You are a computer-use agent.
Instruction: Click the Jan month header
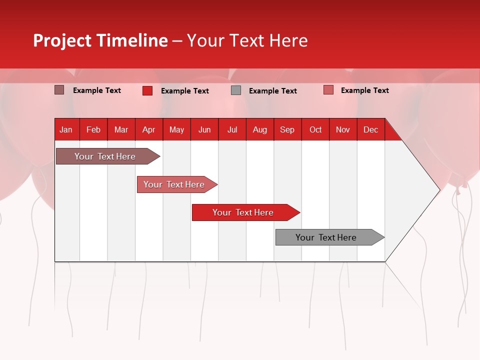point(66,129)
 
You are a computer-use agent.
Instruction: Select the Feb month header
point(93,129)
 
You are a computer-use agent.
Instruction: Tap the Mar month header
point(121,129)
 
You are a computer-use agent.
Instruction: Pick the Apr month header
point(148,129)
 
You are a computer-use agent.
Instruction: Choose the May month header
point(176,129)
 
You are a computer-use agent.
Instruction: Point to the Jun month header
point(204,129)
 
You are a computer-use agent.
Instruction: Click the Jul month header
point(232,129)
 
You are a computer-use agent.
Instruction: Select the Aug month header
point(260,129)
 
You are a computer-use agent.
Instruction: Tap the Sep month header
point(287,129)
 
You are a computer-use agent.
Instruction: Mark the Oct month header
point(315,129)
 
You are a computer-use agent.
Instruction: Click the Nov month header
point(343,129)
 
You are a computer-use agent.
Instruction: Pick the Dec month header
point(370,129)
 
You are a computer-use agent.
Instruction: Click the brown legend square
point(59,90)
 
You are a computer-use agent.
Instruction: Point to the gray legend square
point(236,90)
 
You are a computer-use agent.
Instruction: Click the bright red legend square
point(147,90)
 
